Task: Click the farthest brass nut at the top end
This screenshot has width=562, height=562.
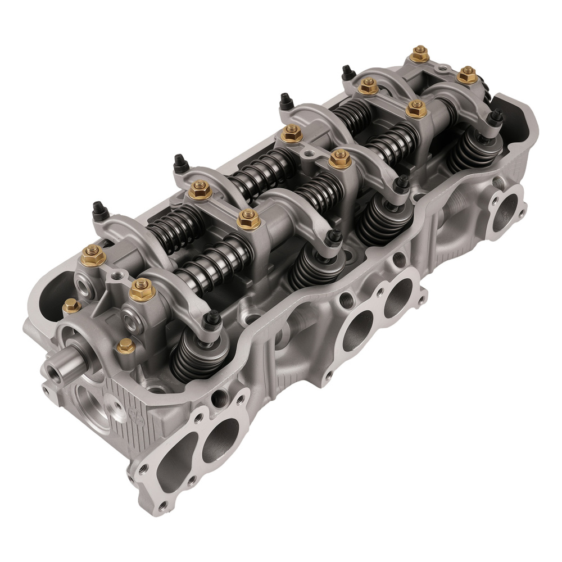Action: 419,55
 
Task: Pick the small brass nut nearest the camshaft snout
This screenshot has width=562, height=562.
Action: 125,346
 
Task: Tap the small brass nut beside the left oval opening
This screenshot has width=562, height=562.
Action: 71,306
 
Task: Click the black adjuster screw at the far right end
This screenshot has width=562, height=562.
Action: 496,116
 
